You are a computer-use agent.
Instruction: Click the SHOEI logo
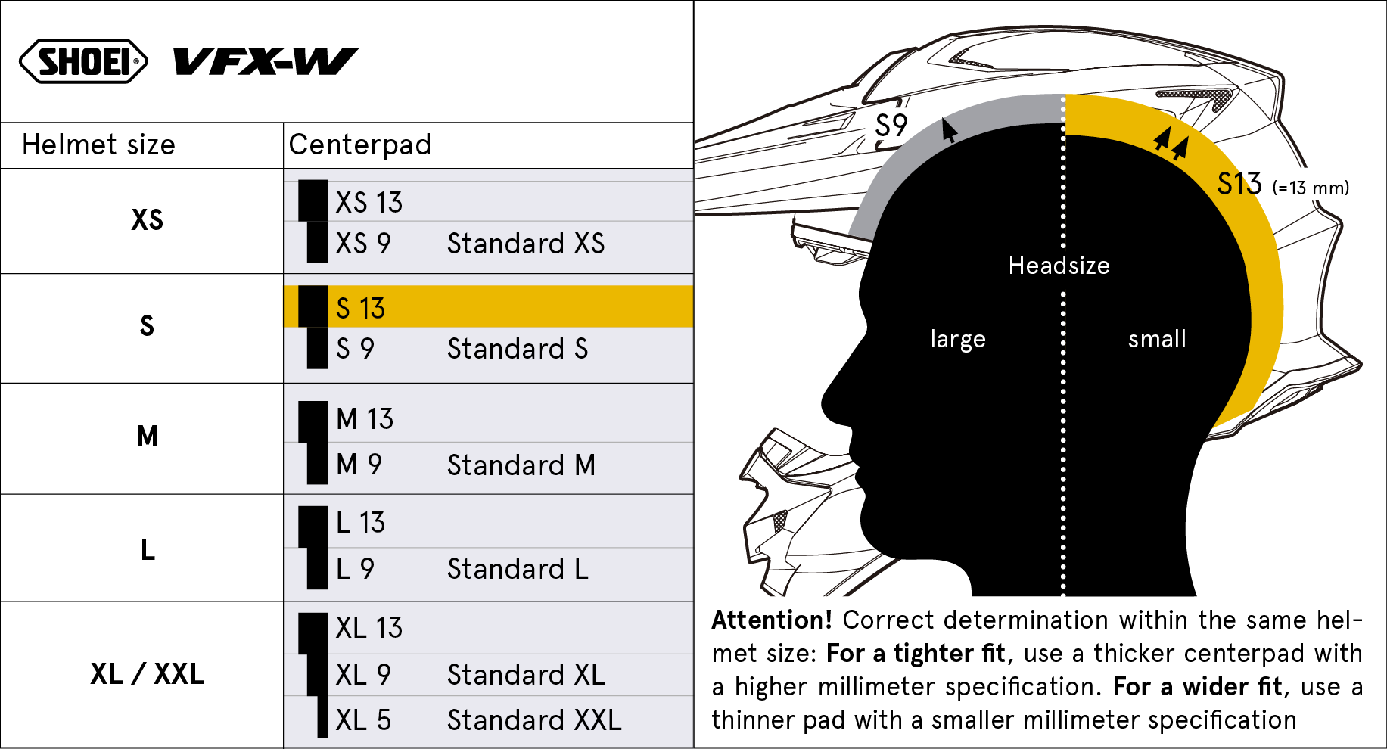point(83,61)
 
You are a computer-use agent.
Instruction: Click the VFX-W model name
point(266,61)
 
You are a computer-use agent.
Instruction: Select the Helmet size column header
point(98,145)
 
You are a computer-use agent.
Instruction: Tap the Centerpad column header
point(360,145)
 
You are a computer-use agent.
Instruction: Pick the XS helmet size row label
point(147,220)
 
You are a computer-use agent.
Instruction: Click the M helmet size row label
point(148,437)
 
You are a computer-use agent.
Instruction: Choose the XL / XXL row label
point(147,674)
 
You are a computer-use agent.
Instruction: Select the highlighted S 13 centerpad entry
point(360,309)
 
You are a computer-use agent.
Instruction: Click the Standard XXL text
point(534,720)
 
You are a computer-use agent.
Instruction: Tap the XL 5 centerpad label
point(363,720)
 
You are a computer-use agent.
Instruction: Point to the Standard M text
point(521,465)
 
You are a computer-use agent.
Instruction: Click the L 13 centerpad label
point(360,523)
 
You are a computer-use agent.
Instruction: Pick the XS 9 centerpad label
point(363,244)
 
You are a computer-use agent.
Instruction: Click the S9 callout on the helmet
point(891,126)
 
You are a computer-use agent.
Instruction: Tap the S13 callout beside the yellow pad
point(1239,184)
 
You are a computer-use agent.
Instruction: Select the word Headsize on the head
point(1059,266)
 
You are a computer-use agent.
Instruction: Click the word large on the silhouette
point(958,339)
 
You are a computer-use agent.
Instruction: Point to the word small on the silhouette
point(1157,339)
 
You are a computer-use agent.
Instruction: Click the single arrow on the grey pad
point(948,130)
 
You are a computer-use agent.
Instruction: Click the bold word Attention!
point(772,620)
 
